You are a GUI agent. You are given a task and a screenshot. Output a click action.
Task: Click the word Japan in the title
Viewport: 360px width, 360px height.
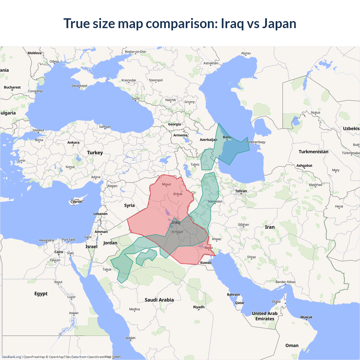(x=279, y=24)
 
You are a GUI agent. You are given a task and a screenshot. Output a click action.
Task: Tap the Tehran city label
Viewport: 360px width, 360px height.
(x=241, y=191)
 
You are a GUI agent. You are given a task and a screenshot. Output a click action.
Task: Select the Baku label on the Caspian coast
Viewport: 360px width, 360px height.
(x=227, y=137)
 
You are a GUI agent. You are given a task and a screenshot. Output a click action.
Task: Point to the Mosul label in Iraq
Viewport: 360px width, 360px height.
(x=166, y=184)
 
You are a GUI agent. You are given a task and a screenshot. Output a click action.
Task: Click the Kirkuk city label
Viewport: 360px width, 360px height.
(x=178, y=194)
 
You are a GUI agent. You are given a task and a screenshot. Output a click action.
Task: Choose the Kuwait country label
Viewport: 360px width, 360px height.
(x=206, y=263)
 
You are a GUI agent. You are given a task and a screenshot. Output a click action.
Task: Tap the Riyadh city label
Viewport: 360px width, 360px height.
(x=199, y=307)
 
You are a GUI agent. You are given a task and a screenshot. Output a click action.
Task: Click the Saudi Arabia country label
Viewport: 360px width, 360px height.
(x=159, y=300)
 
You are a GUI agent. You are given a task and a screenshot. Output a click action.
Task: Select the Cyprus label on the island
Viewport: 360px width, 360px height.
(x=76, y=202)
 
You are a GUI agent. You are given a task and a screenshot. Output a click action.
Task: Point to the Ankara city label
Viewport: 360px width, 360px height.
(x=73, y=143)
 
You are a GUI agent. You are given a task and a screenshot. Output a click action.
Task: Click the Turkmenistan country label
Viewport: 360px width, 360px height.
(x=313, y=152)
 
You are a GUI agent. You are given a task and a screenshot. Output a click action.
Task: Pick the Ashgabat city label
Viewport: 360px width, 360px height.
(x=304, y=166)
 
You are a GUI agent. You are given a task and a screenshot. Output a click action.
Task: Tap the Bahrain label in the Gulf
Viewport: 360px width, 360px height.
(x=233, y=294)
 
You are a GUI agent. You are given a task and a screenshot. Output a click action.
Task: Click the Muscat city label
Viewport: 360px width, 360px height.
(x=306, y=317)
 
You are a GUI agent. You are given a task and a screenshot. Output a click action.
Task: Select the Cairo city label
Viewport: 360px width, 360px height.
(x=59, y=252)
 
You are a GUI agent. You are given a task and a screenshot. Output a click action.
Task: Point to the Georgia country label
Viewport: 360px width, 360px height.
(x=174, y=124)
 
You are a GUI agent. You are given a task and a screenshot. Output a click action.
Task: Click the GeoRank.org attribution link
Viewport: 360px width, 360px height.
(x=11, y=357)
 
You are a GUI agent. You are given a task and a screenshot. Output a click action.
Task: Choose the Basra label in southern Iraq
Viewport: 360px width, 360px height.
(x=209, y=248)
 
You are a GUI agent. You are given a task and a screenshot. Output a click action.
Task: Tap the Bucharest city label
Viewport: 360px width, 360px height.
(x=12, y=87)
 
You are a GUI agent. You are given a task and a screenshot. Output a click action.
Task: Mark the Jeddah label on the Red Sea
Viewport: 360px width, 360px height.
(x=130, y=338)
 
